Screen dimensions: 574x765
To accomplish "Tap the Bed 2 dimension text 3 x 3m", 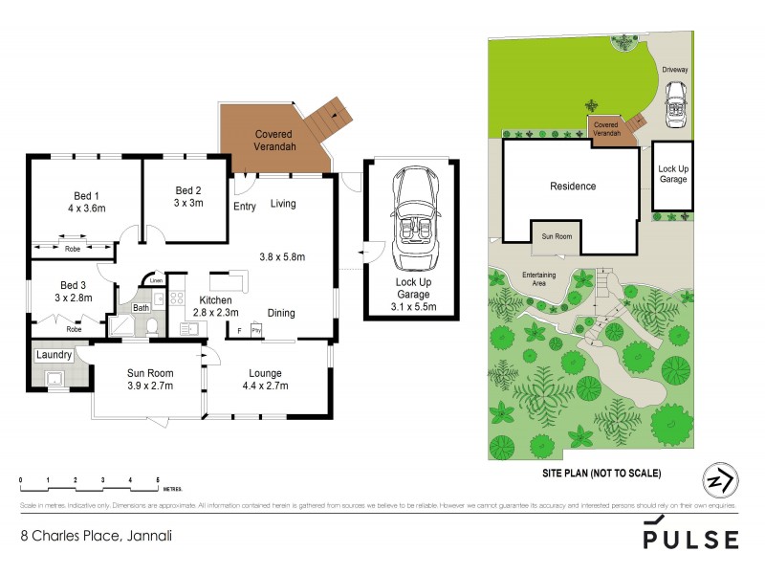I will click(188, 203).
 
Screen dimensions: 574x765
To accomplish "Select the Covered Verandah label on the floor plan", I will click(273, 141).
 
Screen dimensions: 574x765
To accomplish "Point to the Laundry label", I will click(54, 355).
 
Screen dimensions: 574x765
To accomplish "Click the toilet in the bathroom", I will click(153, 326).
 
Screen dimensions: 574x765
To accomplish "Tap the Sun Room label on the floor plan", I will click(147, 373).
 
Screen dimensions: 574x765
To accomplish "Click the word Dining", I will click(280, 313).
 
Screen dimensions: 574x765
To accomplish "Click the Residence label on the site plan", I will click(572, 187).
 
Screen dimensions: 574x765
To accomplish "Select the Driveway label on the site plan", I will click(677, 70).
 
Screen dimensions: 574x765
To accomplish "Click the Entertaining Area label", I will click(539, 279).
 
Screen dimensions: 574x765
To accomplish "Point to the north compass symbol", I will click(720, 479).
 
